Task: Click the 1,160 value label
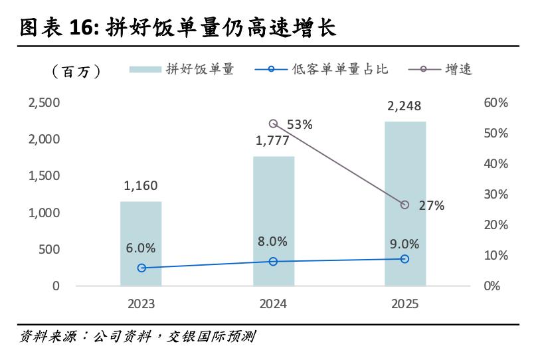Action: tap(141, 186)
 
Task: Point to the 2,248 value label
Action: tap(405, 106)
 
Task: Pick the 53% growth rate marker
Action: tap(273, 124)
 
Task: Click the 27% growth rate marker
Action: tap(405, 205)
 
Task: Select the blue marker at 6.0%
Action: tap(141, 268)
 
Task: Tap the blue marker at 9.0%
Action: tap(405, 258)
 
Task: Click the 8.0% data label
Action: tap(273, 241)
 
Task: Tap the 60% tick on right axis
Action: tap(495, 103)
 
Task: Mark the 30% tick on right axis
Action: tap(495, 195)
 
